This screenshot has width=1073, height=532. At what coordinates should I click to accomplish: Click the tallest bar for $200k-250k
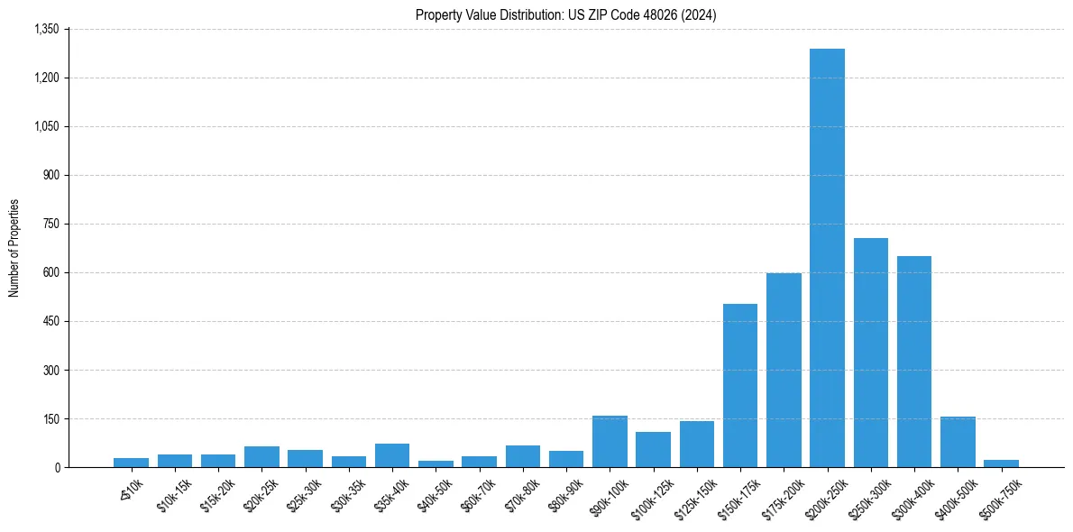(827, 258)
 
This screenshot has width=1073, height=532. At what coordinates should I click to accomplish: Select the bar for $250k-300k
(871, 353)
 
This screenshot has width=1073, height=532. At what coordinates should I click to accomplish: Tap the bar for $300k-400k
(914, 362)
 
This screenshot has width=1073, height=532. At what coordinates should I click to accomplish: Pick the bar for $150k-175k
(740, 386)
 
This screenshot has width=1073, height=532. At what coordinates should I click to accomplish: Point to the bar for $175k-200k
(784, 371)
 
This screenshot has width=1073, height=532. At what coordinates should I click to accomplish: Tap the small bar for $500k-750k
(1001, 463)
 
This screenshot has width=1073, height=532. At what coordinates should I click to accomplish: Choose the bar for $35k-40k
(392, 455)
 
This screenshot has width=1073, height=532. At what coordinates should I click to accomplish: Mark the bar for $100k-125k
(653, 450)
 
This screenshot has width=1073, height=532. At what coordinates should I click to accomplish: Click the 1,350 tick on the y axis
(46, 29)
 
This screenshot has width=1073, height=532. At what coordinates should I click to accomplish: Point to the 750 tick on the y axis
(50, 224)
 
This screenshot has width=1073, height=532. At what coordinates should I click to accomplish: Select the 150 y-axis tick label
(50, 418)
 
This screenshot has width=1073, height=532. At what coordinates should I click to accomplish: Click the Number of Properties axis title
(14, 248)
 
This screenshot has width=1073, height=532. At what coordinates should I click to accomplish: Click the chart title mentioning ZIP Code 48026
(566, 14)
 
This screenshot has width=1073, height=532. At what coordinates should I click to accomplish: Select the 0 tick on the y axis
(57, 467)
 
